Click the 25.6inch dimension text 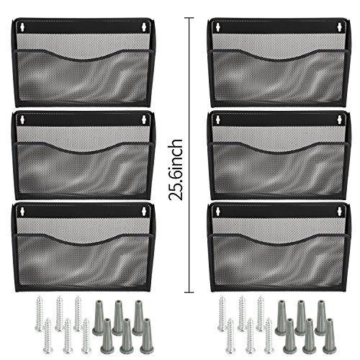click(x=176, y=169)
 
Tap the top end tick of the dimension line click(x=189, y=18)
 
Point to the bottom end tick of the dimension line click(x=189, y=292)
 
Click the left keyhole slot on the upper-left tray click(x=22, y=27)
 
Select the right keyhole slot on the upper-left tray click(x=144, y=27)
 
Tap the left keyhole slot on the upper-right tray click(x=218, y=27)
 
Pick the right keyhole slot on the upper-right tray click(x=340, y=27)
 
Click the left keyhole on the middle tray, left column click(x=22, y=120)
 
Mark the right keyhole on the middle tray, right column click(x=340, y=120)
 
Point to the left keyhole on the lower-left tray click(x=22, y=211)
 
